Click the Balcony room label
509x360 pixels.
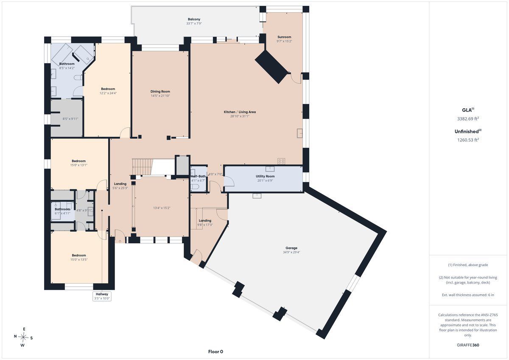tap(194, 20)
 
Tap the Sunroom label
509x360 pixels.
tap(284, 37)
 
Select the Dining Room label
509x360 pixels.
tap(160, 91)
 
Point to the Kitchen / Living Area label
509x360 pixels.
tap(240, 112)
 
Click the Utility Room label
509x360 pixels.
tap(265, 176)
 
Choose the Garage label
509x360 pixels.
tap(291, 248)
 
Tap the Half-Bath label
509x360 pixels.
tap(198, 176)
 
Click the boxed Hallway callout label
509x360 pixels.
tap(102, 296)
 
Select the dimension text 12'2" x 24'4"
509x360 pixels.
tap(108, 93)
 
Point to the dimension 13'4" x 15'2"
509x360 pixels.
tap(162, 208)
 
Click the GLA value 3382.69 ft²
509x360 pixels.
tap(468, 118)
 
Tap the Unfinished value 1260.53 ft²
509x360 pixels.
tap(468, 140)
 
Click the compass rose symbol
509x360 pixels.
tap(23, 337)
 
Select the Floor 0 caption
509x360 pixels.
tap(215, 352)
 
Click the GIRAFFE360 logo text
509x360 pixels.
tap(468, 345)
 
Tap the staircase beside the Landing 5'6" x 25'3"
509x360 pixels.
tap(142, 167)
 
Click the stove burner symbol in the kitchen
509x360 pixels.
tap(281, 161)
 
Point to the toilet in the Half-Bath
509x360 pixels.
tap(195, 187)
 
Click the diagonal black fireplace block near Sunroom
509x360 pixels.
tap(272, 67)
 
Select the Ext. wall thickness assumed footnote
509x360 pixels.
tap(468, 295)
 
